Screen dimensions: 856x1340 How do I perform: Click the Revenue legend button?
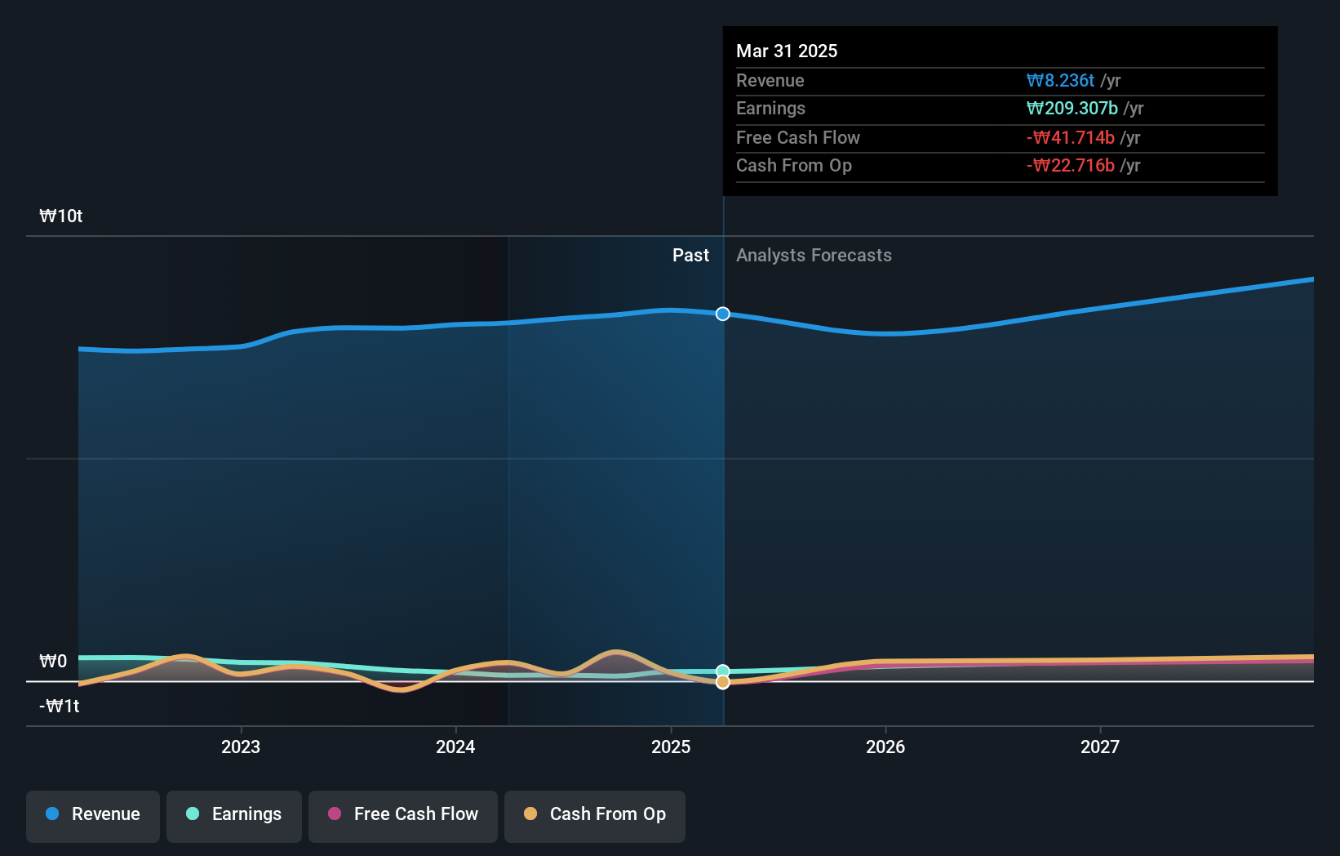pyautogui.click(x=93, y=814)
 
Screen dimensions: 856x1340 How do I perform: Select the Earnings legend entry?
pyautogui.click(x=234, y=814)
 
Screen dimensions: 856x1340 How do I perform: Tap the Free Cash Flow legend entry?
pyautogui.click(x=403, y=814)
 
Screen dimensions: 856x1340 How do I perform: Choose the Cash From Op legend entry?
pyautogui.click(x=595, y=814)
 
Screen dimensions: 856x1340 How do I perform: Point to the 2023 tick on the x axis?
pyautogui.click(x=241, y=747)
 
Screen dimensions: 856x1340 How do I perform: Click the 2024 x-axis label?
pyautogui.click(x=455, y=747)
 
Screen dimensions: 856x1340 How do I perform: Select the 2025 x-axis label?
pyautogui.click(x=671, y=747)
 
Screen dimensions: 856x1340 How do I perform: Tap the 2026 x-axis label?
pyautogui.click(x=885, y=747)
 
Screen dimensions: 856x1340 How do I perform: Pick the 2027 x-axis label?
pyautogui.click(x=1100, y=747)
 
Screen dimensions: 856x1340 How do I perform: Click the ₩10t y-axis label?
pyautogui.click(x=61, y=216)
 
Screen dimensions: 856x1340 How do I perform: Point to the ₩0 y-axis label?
pyautogui.click(x=54, y=661)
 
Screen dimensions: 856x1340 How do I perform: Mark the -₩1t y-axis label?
pyautogui.click(x=60, y=706)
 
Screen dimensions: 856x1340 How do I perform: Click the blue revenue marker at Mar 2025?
pyautogui.click(x=723, y=314)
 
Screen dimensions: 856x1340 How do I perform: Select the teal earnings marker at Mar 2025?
pyautogui.click(x=723, y=671)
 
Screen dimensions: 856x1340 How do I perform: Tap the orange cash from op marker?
pyautogui.click(x=723, y=682)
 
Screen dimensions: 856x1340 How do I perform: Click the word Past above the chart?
pyautogui.click(x=690, y=256)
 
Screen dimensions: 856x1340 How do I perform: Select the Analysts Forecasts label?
pyautogui.click(x=814, y=256)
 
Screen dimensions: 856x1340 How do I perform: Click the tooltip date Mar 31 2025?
pyautogui.click(x=787, y=51)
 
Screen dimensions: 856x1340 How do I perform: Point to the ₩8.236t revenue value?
pyautogui.click(x=1060, y=80)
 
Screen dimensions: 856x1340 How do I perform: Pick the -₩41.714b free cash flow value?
pyautogui.click(x=1070, y=137)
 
